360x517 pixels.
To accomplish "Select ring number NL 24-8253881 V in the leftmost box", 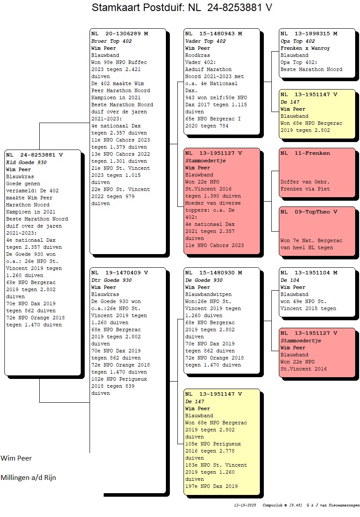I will [x=35, y=155].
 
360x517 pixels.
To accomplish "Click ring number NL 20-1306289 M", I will [x=120, y=34].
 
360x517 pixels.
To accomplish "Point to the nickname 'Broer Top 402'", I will [x=111, y=41].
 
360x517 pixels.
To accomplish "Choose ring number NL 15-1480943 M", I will [x=214, y=34].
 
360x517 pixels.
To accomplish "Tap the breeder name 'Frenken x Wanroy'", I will [x=305, y=48].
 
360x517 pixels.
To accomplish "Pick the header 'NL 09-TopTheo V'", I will [x=309, y=212].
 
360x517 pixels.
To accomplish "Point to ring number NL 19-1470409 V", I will [x=120, y=273].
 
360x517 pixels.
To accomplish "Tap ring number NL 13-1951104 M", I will [x=309, y=273].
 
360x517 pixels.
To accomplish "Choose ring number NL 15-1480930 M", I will [x=214, y=273].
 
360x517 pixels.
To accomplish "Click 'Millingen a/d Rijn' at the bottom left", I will [x=28, y=477].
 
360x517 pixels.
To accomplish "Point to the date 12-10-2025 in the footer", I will [x=245, y=505].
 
